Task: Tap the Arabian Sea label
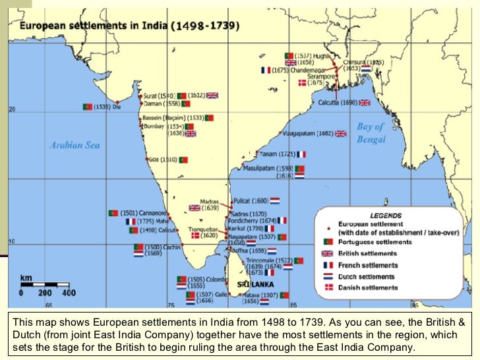(75, 144)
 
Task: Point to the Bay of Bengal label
(371, 133)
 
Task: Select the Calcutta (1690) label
(338, 103)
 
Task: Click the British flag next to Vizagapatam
(340, 133)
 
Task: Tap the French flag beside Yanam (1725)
(301, 154)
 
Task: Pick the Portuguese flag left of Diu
(87, 107)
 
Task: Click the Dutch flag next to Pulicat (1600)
(274, 200)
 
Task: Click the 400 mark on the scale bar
(69, 293)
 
